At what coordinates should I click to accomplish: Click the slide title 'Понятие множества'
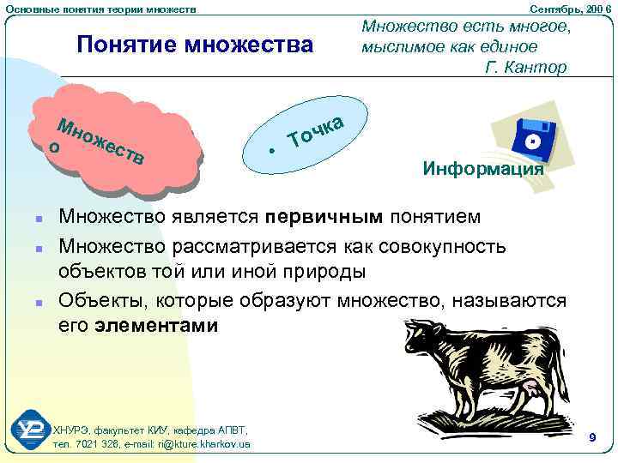coord(195,44)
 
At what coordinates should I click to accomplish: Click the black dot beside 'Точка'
coord(271,149)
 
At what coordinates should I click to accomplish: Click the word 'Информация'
coord(483,169)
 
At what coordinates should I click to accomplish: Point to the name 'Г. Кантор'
coord(526,67)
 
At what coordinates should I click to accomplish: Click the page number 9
coord(592,438)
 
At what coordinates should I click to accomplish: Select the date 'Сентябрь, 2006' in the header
coord(572,8)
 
